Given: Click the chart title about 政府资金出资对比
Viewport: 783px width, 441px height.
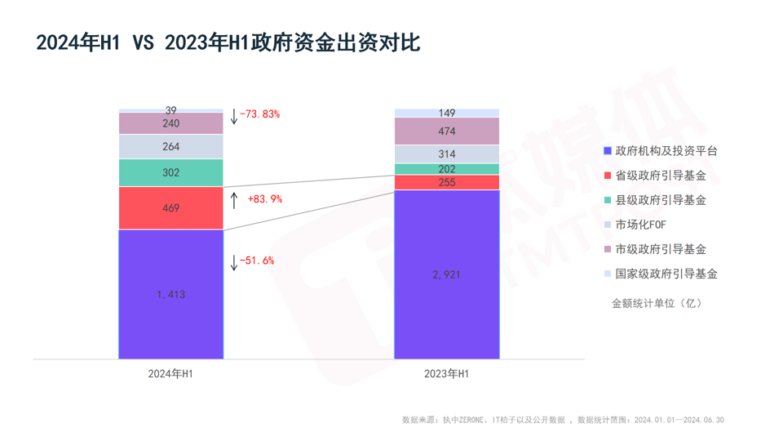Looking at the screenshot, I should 228,42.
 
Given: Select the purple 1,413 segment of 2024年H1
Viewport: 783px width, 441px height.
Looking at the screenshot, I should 170,294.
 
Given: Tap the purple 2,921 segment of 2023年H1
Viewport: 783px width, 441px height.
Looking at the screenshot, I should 446,274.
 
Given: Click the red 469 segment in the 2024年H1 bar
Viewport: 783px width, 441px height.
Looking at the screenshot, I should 170,208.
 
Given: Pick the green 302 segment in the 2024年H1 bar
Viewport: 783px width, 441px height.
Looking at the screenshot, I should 170,172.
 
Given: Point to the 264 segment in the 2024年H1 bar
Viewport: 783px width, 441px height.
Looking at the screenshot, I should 170,147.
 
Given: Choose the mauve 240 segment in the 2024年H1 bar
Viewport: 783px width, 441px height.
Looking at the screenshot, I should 170,123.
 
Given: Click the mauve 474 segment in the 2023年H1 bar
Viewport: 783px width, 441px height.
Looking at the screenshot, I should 446,131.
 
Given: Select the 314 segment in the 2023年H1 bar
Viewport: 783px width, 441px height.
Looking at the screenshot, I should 446,154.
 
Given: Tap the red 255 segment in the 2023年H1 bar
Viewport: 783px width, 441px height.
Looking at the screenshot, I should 446,182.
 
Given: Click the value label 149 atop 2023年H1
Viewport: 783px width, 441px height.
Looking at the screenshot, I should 446,114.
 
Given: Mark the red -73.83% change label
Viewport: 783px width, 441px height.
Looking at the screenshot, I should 259,114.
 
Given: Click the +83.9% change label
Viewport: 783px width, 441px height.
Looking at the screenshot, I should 264,198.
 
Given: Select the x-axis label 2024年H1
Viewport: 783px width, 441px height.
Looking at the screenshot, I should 170,373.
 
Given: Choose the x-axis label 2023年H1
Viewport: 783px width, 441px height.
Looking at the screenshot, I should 446,373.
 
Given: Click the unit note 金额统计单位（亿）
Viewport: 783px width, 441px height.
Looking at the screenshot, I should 657,303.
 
